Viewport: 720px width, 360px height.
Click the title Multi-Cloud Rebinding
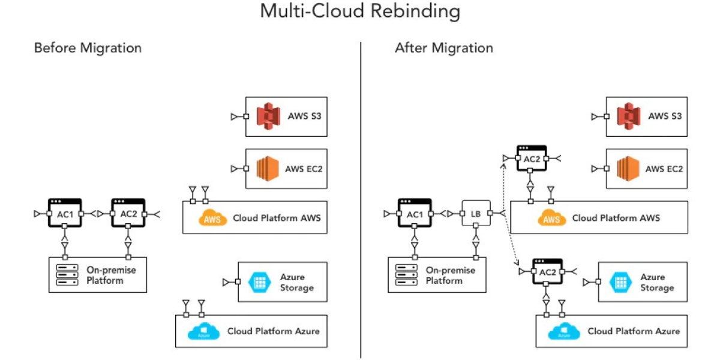click(360, 11)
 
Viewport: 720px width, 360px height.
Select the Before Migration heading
click(88, 48)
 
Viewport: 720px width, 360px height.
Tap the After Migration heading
click(444, 48)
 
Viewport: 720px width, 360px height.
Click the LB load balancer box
click(476, 214)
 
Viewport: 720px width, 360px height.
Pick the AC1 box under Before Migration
click(65, 213)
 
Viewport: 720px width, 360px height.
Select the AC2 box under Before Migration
click(128, 213)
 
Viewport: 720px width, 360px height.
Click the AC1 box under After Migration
click(415, 214)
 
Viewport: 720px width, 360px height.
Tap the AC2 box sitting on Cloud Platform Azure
click(547, 272)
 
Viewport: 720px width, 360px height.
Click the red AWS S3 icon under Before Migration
click(268, 116)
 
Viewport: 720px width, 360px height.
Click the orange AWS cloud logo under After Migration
click(551, 218)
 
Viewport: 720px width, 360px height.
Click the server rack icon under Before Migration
click(67, 274)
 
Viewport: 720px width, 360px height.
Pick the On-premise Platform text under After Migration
click(450, 275)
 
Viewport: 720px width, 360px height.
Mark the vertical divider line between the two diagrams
click(361, 198)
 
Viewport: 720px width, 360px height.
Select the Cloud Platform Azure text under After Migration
click(634, 331)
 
